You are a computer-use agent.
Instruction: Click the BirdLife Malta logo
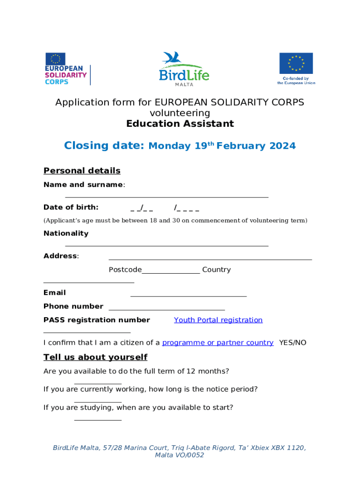(184, 69)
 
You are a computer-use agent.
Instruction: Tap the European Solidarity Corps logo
(66, 69)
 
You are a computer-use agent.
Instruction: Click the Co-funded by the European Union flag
(296, 64)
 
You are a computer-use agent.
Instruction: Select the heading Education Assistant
(180, 124)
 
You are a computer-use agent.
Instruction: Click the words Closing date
(104, 145)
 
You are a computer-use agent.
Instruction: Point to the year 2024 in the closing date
(282, 146)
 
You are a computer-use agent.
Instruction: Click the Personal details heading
(82, 171)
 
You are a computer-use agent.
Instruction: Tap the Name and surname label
(83, 185)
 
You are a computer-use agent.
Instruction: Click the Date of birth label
(71, 207)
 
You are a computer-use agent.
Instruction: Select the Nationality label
(66, 233)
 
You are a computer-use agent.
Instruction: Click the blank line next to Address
(210, 259)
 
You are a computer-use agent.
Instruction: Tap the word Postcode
(125, 270)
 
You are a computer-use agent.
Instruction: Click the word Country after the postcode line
(216, 270)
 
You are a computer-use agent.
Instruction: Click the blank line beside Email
(188, 296)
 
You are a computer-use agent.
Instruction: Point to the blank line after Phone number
(166, 309)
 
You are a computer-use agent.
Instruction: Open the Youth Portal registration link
(218, 320)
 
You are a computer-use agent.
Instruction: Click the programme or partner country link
(218, 343)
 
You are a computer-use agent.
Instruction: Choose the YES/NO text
(293, 343)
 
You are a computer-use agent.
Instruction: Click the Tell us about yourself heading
(95, 357)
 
